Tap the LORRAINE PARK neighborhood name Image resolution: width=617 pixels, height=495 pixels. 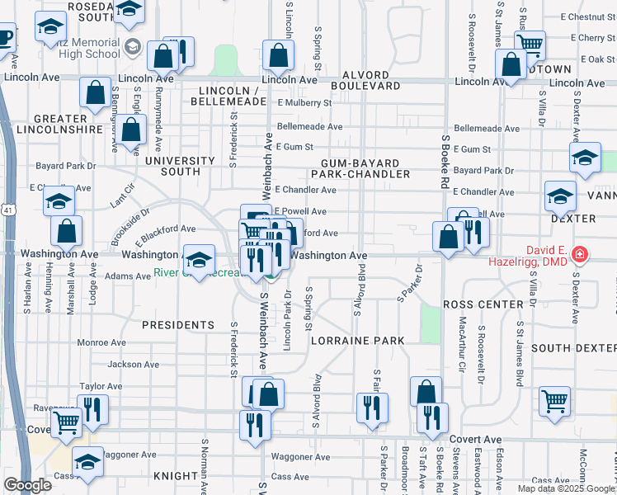[x=357, y=341]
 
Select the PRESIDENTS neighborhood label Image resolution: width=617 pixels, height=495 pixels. [x=178, y=325]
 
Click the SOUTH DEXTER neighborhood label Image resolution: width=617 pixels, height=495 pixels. [x=574, y=348]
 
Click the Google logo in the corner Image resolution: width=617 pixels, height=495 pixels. [x=27, y=485]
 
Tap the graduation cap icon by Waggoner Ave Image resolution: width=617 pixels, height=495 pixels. [x=87, y=462]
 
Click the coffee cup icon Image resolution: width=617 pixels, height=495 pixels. [x=4, y=38]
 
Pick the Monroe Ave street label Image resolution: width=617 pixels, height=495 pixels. [x=101, y=342]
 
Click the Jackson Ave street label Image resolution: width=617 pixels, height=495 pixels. [x=133, y=364]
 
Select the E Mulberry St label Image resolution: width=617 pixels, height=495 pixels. [x=304, y=103]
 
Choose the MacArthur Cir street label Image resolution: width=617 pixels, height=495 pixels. [x=462, y=340]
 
